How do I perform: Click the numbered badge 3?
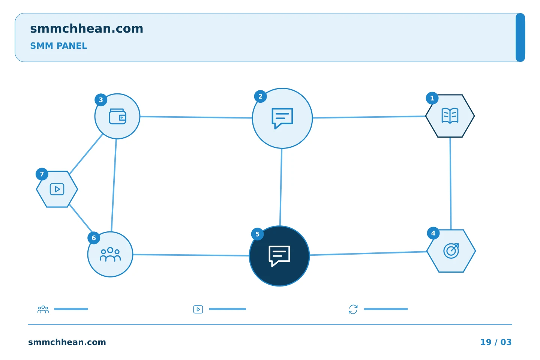click(x=101, y=100)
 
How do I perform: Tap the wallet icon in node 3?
click(x=117, y=117)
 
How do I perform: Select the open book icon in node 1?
click(x=450, y=116)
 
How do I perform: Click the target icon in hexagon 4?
click(x=451, y=251)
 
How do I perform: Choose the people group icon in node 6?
click(x=110, y=254)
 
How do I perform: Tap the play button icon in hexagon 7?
click(x=57, y=189)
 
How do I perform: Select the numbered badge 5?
click(x=257, y=234)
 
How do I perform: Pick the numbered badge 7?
click(x=42, y=174)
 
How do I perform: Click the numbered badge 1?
click(x=432, y=98)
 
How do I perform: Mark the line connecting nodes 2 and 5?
click(x=281, y=187)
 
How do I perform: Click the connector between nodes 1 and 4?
click(x=451, y=183)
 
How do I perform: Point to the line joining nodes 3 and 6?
click(x=114, y=185)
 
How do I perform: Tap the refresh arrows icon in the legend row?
click(x=353, y=309)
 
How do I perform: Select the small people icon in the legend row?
click(x=43, y=309)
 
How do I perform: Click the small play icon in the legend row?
click(x=198, y=309)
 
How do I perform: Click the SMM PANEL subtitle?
click(x=58, y=46)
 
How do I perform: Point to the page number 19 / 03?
click(x=496, y=342)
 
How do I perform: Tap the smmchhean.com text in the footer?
click(x=67, y=342)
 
